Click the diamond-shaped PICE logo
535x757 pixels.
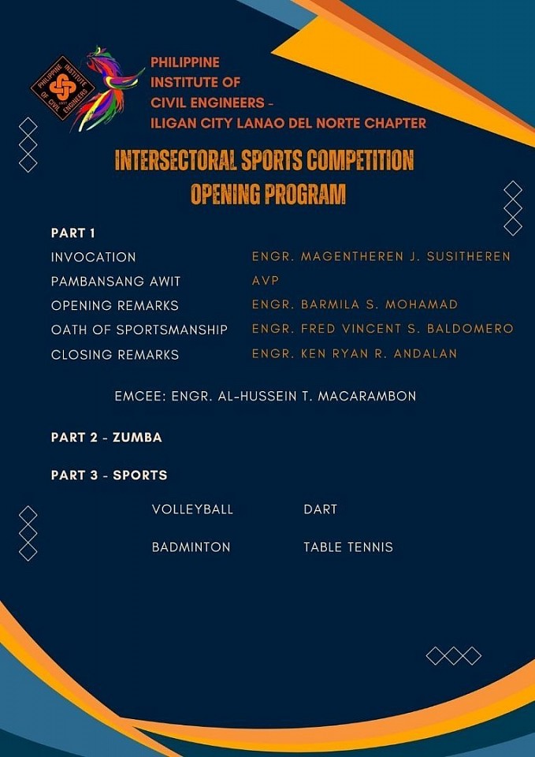(63, 88)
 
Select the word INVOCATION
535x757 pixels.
(94, 257)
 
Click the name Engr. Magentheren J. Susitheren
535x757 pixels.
(381, 256)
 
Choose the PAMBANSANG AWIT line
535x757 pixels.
(116, 282)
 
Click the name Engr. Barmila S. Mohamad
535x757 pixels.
(355, 304)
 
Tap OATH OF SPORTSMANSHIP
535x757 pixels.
(139, 330)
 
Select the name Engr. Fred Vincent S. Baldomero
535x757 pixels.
(383, 330)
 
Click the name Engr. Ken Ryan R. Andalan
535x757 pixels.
(355, 354)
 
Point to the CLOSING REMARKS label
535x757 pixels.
(115, 355)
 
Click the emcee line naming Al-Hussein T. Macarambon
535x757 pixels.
(266, 397)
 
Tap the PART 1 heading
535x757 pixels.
(73, 233)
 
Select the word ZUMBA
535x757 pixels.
(137, 438)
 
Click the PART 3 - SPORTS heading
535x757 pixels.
(109, 475)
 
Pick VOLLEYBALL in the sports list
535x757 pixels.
(192, 509)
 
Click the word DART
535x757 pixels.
(321, 509)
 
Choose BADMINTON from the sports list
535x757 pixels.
(191, 547)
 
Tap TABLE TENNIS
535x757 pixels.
(348, 547)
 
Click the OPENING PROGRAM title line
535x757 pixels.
(268, 195)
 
